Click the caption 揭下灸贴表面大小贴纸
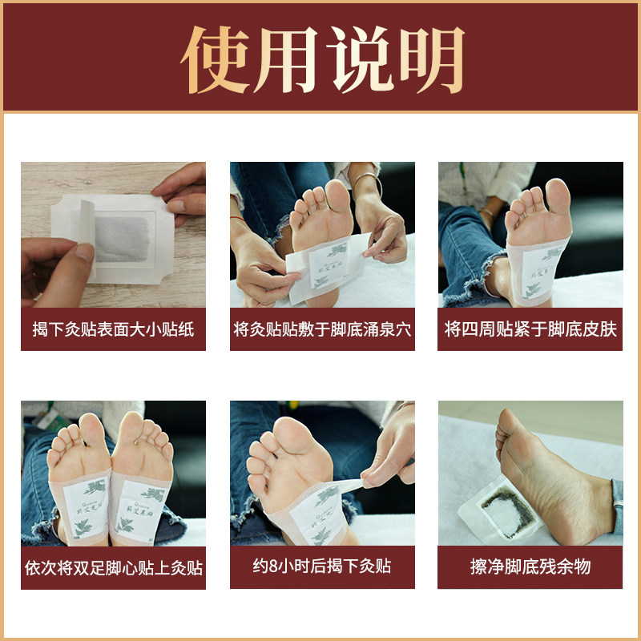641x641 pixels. (x=113, y=329)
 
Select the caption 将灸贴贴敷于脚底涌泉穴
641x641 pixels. (x=322, y=329)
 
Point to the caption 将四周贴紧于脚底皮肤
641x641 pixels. (x=530, y=329)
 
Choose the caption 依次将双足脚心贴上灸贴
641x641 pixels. (x=113, y=567)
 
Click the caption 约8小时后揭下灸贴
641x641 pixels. (x=322, y=567)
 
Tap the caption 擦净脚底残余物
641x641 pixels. (x=530, y=567)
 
